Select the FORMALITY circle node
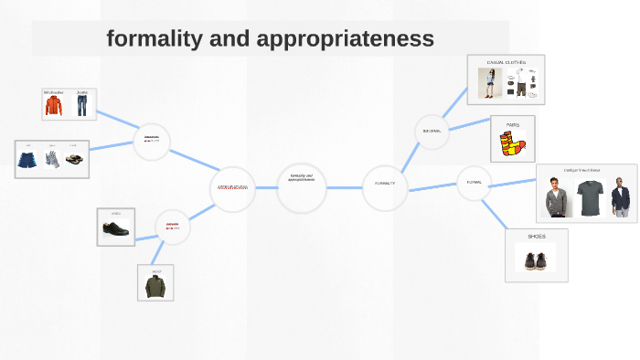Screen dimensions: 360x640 384,184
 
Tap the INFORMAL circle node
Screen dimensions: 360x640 432,132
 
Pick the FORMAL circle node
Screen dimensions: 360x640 474,182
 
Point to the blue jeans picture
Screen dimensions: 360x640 82,105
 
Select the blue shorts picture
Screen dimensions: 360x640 27,161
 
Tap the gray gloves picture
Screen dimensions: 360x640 53,160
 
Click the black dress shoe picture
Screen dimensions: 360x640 116,229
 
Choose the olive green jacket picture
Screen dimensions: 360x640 155,286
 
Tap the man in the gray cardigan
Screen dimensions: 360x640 556,196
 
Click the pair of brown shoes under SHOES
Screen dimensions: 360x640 536,259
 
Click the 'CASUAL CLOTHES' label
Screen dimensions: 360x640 506,62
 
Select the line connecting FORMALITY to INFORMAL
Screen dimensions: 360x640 408,157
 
